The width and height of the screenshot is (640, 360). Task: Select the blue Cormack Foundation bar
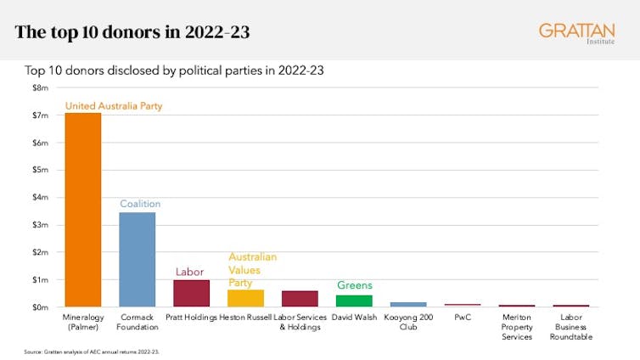pos(138,260)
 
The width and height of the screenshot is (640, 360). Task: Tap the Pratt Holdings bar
pos(191,294)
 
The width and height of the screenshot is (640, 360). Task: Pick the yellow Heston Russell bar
pos(245,298)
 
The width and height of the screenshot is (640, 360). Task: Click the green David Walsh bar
pos(354,301)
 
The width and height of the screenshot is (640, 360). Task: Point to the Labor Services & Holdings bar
pos(300,299)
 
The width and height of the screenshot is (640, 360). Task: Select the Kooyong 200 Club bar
pos(408,304)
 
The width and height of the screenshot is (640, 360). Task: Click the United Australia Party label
pos(113,106)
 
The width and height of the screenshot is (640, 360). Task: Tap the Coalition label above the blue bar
pos(140,204)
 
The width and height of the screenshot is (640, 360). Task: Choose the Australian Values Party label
pos(252,269)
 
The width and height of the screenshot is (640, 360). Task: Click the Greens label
pos(355,285)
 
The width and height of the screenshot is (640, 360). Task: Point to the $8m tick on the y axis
pos(41,87)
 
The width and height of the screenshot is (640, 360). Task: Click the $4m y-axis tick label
pos(41,197)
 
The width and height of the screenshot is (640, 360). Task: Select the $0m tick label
pos(41,307)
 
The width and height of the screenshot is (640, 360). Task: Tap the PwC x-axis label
pos(463,317)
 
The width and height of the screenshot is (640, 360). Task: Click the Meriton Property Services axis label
pos(517,326)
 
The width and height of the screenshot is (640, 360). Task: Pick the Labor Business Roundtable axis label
pos(571,326)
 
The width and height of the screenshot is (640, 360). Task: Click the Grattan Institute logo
pos(577,34)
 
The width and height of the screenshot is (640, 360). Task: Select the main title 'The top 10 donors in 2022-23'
pos(132,34)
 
